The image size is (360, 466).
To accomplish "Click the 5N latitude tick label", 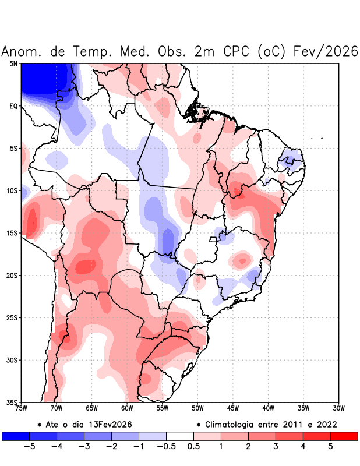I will (13, 63).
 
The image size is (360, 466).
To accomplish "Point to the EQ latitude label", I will (13, 106).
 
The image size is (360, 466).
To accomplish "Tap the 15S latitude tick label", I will (12, 233).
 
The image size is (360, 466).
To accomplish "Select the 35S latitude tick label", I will (12, 403).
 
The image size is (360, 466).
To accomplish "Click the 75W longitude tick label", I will (22, 408).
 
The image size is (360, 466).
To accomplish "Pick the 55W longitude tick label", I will (163, 408).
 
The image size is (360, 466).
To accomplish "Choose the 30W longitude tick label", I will (339, 408).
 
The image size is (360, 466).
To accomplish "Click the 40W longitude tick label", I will (269, 408).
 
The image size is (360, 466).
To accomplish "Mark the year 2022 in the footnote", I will (326, 424).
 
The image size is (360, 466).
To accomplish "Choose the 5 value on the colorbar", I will (330, 447).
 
